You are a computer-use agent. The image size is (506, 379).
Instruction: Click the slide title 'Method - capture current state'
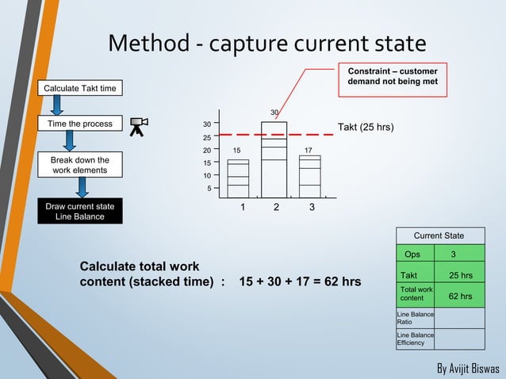pyautogui.click(x=266, y=43)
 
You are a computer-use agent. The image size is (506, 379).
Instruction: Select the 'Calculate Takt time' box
pyautogui.click(x=83, y=87)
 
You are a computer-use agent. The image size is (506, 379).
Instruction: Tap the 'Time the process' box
pyautogui.click(x=80, y=124)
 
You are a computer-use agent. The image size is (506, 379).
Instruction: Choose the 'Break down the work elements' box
pyautogui.click(x=80, y=164)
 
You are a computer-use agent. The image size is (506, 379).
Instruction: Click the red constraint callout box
pyautogui.click(x=393, y=78)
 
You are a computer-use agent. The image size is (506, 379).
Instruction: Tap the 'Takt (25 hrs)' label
pyautogui.click(x=366, y=127)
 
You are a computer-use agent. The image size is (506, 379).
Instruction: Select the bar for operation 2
pyautogui.click(x=274, y=159)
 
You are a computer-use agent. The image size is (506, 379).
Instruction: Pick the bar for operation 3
pyautogui.click(x=310, y=175)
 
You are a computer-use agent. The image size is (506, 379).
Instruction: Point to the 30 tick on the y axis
pyautogui.click(x=206, y=124)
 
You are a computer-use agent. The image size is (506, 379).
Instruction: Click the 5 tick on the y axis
pyautogui.click(x=209, y=188)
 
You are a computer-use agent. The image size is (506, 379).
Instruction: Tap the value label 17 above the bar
pyautogui.click(x=309, y=149)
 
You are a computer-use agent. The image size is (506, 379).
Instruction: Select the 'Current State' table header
pyautogui.click(x=439, y=235)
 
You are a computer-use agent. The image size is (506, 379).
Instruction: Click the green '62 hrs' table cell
pyautogui.click(x=460, y=297)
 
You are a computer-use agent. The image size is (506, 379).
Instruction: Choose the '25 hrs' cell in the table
pyautogui.click(x=460, y=275)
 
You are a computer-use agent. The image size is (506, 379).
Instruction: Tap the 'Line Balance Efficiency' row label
pyautogui.click(x=416, y=339)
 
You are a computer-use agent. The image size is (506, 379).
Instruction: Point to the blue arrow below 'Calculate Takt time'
pyautogui.click(x=58, y=105)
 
